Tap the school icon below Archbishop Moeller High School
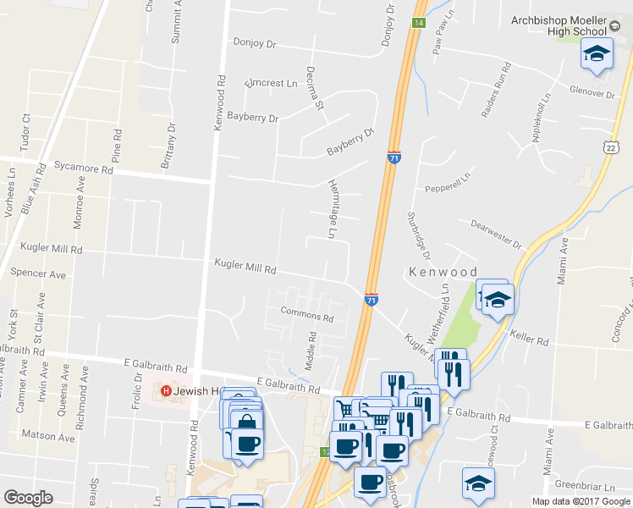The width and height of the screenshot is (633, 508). tap(597, 54)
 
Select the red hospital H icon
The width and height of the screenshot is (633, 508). tap(167, 391)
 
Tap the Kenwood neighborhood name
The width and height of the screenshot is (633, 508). tap(443, 273)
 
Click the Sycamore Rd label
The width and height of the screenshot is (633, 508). tap(83, 169)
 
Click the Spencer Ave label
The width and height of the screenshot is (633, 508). tap(38, 274)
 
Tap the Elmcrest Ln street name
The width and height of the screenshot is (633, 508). tap(271, 84)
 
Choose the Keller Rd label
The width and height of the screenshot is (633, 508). tap(530, 340)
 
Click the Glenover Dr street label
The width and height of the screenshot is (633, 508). tap(592, 92)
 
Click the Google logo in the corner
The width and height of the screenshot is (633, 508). tap(28, 498)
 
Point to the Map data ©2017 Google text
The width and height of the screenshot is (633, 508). tap(581, 501)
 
